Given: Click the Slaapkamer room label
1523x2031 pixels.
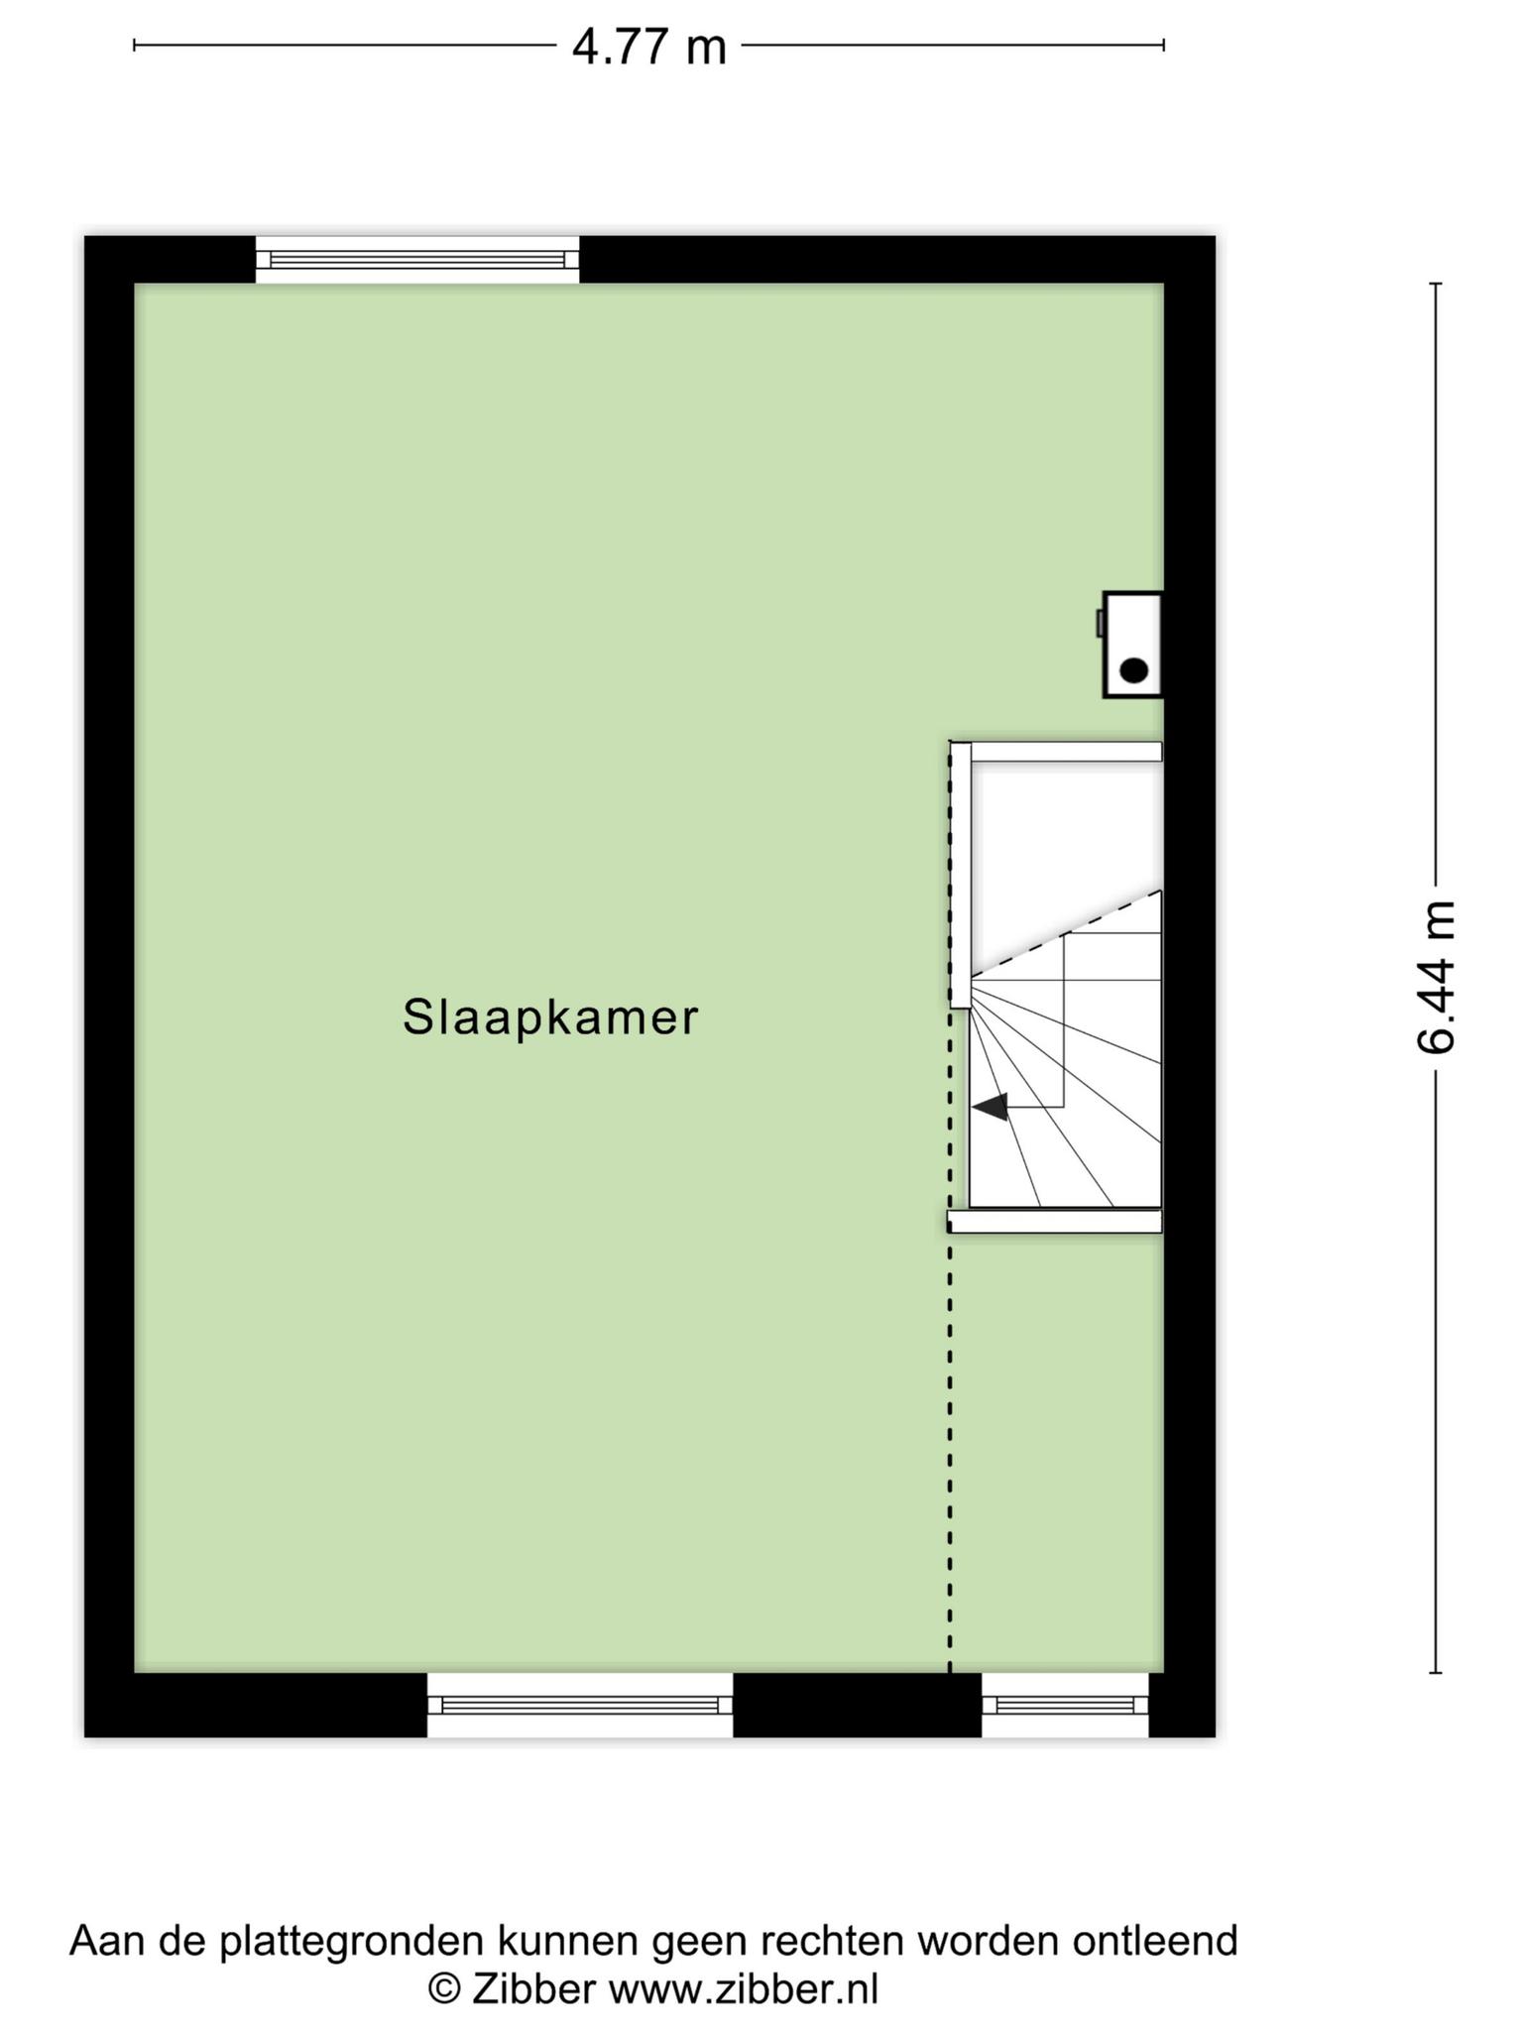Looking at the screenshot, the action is tap(550, 1018).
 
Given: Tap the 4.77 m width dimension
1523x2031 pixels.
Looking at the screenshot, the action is tap(649, 47).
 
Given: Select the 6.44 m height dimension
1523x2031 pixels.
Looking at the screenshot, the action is tap(1435, 977).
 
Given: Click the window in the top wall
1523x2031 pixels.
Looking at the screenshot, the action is tap(417, 260).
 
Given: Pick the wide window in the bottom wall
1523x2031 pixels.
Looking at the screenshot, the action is tap(580, 1705).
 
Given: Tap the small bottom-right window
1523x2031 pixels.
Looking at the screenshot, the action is tap(1065, 1705).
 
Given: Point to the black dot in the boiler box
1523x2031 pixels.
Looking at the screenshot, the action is tap(1133, 670).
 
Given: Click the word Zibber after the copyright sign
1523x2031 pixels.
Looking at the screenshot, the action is tap(533, 1988).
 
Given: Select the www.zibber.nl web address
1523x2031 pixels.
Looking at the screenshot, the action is tap(744, 1988).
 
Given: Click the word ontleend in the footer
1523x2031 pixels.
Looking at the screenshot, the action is tap(1155, 1940).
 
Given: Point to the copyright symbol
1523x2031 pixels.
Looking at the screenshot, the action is tap(445, 1989).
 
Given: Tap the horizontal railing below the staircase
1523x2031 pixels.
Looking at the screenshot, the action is tap(1055, 1221).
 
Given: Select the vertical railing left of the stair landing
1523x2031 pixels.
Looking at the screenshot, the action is tap(960, 875).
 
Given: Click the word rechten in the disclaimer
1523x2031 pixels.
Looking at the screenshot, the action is tap(832, 1940).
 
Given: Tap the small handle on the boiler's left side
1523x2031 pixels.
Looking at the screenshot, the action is tap(1100, 623).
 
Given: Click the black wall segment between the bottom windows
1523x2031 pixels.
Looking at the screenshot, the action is tap(858, 1705).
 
